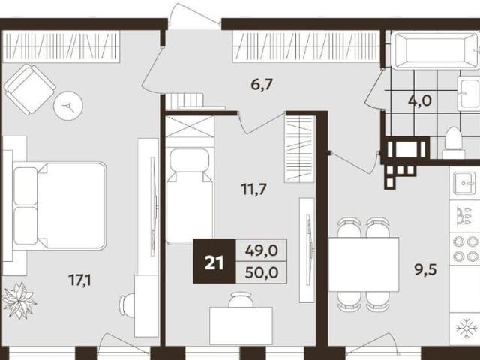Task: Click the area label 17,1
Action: (x=79, y=280)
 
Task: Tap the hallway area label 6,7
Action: (x=262, y=84)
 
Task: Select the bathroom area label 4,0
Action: (x=420, y=100)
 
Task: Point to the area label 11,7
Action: (x=253, y=190)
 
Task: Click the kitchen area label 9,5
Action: (x=425, y=270)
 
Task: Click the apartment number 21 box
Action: (x=214, y=261)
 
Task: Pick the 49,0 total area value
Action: (x=262, y=250)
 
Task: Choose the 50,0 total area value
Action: (x=262, y=272)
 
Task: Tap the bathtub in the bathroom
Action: (x=436, y=50)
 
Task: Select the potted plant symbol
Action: (x=19, y=300)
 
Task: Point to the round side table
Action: (x=68, y=106)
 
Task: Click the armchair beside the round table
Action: (x=30, y=89)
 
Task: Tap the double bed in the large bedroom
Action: (x=60, y=205)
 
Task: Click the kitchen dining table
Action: (x=364, y=264)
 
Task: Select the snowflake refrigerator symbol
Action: (x=466, y=328)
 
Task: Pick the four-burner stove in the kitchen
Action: (x=465, y=248)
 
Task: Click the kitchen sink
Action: (x=465, y=183)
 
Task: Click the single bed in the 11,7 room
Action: (x=190, y=196)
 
